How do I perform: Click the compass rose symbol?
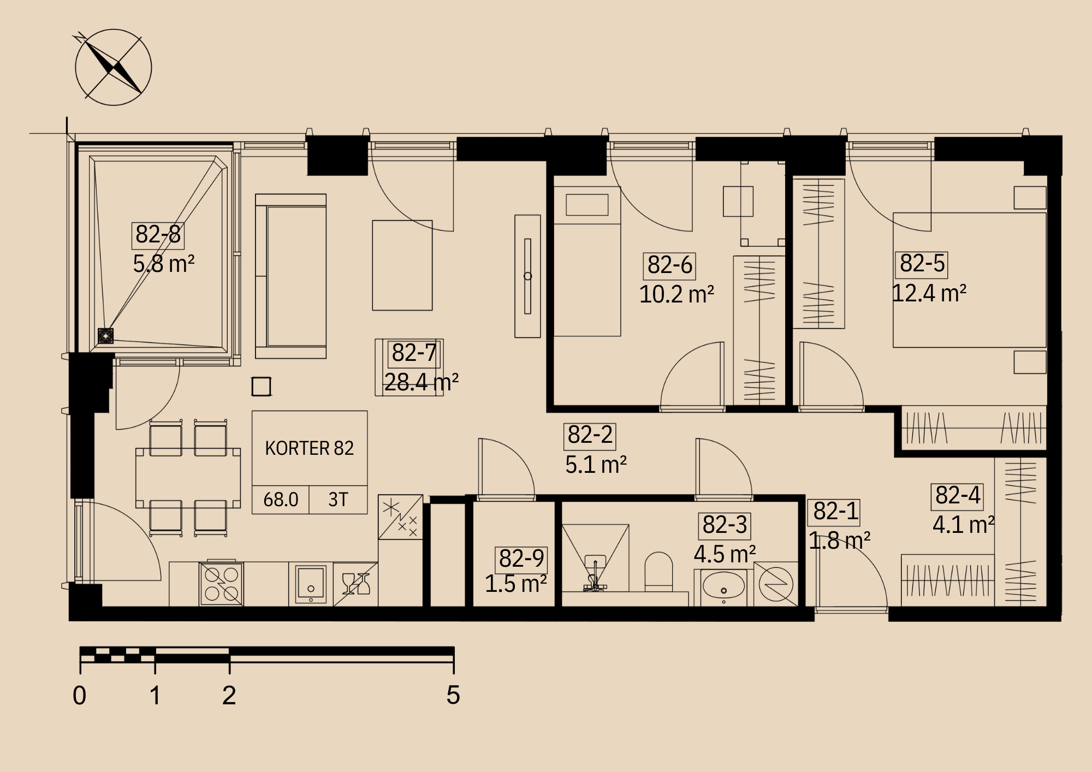point(113,67)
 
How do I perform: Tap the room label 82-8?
point(158,235)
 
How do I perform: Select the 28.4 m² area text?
point(421,382)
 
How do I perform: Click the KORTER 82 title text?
point(309,448)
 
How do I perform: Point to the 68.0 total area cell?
point(281,500)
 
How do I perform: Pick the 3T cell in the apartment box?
point(338,500)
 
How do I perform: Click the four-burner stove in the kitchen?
point(222,584)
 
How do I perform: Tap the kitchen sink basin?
point(311,584)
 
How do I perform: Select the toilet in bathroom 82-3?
point(658,572)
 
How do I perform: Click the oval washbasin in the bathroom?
point(723,586)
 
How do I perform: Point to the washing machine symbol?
point(776,584)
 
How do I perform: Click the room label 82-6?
point(669,266)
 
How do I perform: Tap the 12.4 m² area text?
point(929,294)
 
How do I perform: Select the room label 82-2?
point(590,436)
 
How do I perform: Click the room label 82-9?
point(521,559)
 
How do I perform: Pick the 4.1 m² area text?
point(963,525)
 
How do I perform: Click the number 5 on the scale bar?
point(453,695)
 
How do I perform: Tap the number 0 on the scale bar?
point(80,696)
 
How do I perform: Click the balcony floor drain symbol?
point(105,336)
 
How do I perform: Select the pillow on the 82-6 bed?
point(587,205)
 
